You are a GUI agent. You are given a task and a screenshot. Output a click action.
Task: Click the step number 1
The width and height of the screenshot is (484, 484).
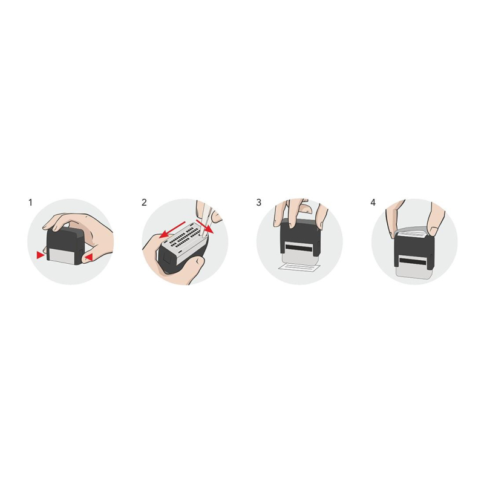coord(30,203)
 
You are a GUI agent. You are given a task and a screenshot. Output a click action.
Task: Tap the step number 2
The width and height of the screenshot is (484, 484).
coord(144,203)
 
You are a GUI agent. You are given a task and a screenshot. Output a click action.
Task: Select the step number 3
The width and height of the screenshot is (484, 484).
coord(259,203)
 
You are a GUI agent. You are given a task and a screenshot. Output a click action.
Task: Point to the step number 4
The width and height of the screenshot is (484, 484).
coord(373,203)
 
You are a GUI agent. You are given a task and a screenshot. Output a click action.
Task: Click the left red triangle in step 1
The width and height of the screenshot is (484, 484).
coord(40,255)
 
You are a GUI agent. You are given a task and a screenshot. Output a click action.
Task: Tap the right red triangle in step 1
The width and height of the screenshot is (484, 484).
coord(88,257)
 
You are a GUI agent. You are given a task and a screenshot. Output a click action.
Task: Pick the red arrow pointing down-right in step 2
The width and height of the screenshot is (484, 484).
coord(205,226)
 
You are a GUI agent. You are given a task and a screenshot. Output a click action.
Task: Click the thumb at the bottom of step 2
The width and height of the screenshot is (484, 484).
coord(191,269)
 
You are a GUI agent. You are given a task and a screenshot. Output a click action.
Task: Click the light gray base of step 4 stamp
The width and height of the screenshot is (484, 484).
coord(414,272)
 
